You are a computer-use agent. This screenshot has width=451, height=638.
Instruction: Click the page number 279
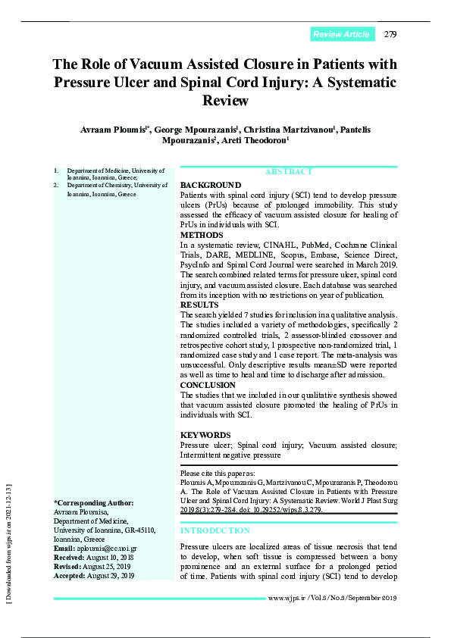(x=390, y=34)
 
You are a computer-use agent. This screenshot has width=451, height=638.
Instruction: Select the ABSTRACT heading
(x=288, y=172)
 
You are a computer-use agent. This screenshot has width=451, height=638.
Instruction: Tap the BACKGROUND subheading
(x=211, y=185)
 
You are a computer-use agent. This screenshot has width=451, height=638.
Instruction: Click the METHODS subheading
(x=202, y=236)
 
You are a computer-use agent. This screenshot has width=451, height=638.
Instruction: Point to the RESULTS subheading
(x=199, y=304)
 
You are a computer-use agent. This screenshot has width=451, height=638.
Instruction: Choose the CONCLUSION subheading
(x=208, y=385)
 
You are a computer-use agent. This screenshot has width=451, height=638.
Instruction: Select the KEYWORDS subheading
(x=205, y=435)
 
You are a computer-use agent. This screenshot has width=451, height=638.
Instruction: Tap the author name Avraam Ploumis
(x=114, y=130)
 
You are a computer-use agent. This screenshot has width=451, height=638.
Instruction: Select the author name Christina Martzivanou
(x=288, y=130)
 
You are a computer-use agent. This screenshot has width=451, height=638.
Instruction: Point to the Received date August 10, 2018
(x=106, y=557)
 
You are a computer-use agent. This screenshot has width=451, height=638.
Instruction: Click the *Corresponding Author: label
(x=93, y=503)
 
